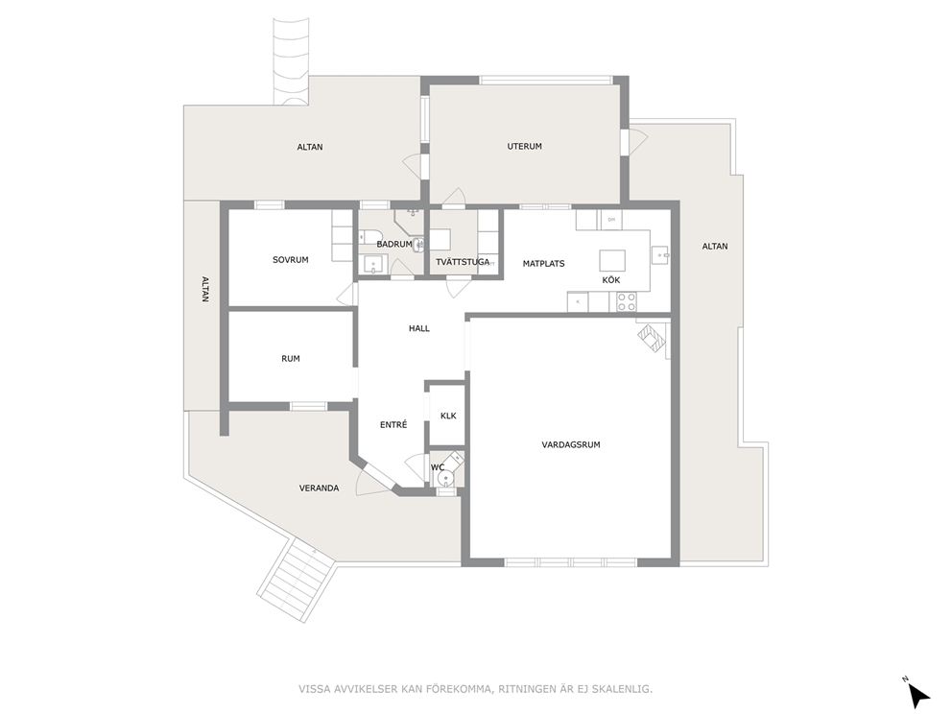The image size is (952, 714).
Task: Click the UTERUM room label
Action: (525, 146)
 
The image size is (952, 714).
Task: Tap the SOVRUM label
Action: (290, 260)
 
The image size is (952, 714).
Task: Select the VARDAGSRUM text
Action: (571, 444)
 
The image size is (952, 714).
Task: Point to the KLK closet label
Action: (448, 416)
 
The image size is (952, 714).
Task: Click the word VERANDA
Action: (319, 488)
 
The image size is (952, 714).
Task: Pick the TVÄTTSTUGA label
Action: (463, 262)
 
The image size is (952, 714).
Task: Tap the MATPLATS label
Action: (544, 264)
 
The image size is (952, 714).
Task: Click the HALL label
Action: (419, 328)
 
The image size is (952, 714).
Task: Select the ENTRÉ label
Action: (393, 425)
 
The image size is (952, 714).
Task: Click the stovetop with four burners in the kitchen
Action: (627, 301)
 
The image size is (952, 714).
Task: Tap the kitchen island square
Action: (612, 260)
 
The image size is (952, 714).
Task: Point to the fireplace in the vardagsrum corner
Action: (652, 336)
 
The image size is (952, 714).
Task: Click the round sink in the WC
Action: (446, 480)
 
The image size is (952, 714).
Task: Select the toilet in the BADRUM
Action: (369, 237)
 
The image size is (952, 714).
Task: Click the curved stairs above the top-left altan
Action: (290, 62)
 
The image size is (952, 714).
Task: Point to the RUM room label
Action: (291, 359)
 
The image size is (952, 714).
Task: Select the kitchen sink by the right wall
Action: (660, 255)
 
